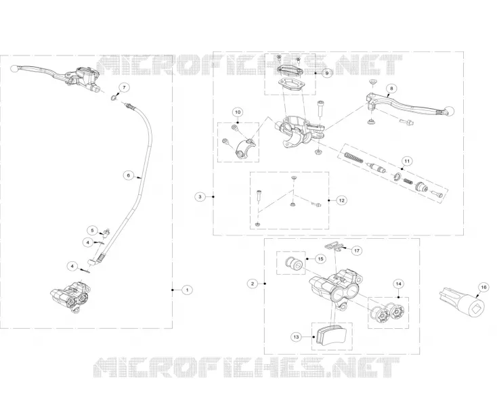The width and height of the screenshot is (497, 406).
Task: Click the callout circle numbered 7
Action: click(x=124, y=87)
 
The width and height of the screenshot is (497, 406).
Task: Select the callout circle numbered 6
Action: click(x=129, y=175)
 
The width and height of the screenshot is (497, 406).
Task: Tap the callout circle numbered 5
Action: click(x=92, y=230)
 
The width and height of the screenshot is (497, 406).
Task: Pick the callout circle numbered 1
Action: click(x=187, y=290)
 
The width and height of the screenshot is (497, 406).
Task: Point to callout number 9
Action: click(x=327, y=73)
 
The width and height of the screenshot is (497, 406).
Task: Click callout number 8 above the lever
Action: click(x=391, y=89)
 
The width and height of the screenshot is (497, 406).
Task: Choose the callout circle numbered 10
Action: click(x=238, y=112)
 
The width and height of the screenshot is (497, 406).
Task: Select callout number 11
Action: click(x=407, y=161)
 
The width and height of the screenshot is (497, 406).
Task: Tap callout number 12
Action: click(x=341, y=200)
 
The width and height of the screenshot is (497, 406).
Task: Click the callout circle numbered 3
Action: click(x=200, y=197)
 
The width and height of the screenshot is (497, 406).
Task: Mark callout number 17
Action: click(x=357, y=251)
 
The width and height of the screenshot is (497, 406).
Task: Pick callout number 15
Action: click(x=320, y=258)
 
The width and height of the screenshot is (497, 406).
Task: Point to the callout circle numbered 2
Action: click(x=253, y=284)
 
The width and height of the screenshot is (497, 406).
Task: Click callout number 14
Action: click(x=398, y=284)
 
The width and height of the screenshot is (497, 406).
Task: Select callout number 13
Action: click(x=296, y=337)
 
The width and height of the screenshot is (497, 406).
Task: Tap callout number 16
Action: click(x=483, y=287)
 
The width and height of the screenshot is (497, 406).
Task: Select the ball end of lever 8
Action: click(x=450, y=111)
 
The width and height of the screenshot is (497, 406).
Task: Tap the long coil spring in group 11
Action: click(x=354, y=158)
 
